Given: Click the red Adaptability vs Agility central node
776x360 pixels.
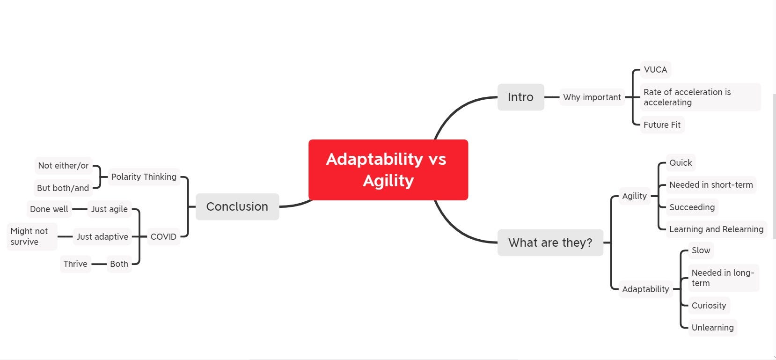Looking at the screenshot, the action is click(x=388, y=169).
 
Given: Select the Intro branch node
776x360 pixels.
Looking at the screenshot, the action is click(x=520, y=97).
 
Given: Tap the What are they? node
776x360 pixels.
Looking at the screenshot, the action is click(x=550, y=242).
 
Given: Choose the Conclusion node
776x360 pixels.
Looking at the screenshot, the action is click(x=237, y=206).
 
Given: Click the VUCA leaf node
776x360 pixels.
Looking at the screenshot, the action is click(x=655, y=70).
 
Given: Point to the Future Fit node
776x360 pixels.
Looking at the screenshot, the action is click(x=662, y=125).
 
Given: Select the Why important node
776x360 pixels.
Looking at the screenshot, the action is click(x=592, y=97).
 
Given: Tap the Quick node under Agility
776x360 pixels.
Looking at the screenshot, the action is click(x=680, y=163).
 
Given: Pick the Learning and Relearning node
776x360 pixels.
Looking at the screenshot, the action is click(x=716, y=229).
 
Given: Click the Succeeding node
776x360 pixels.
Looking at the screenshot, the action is click(x=692, y=207).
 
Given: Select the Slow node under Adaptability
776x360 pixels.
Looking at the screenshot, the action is click(x=701, y=250).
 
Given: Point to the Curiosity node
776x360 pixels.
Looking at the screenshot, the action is click(x=709, y=306).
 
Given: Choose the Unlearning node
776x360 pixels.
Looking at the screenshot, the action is click(x=712, y=328).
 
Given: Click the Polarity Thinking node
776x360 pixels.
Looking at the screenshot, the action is click(x=144, y=177).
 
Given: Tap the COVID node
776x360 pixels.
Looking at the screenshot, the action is click(x=163, y=237).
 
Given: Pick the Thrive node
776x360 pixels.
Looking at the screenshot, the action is click(x=75, y=264).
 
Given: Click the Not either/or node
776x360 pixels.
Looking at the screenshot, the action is click(x=63, y=166).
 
